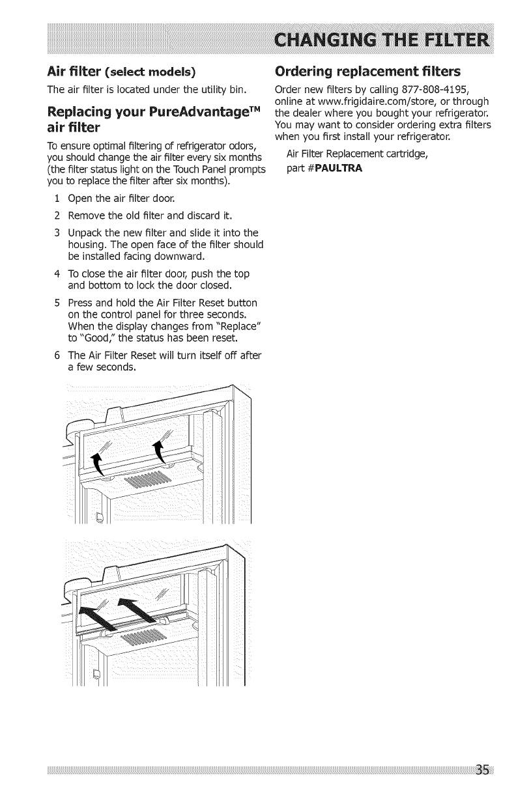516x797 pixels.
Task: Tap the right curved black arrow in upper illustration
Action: click(158, 449)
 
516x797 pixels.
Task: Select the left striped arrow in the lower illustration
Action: click(98, 613)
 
